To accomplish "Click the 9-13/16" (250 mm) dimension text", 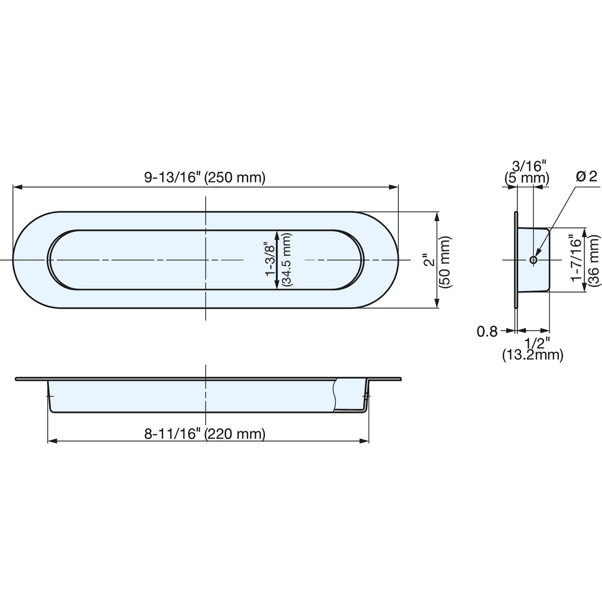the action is tap(205, 178).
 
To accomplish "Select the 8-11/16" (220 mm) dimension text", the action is tap(205, 434).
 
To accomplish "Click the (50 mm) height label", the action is tap(445, 262).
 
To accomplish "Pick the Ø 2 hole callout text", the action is tap(587, 177).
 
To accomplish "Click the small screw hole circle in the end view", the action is tap(534, 259).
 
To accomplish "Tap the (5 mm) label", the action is tap(527, 179).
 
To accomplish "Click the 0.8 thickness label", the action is tap(487, 332).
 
